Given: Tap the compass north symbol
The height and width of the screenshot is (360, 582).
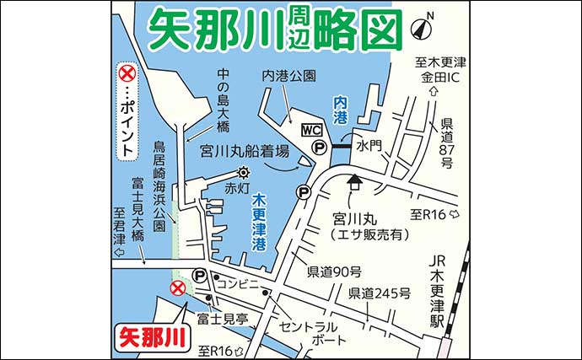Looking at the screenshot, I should pos(421,28).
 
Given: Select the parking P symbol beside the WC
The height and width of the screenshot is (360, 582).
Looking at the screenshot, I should pos(320,148).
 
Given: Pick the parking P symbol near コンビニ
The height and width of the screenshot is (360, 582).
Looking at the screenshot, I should pos(201,275).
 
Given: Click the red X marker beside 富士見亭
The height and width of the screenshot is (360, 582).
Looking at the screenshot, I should pos(178,289).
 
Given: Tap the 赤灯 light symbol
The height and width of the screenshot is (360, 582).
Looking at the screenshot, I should pos(243,173).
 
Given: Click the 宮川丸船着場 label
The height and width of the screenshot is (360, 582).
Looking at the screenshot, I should pos(245,152).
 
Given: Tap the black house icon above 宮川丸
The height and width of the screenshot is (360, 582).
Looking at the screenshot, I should pos(353,179).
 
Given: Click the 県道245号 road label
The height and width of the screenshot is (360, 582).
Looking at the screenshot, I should pos(380,293).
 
